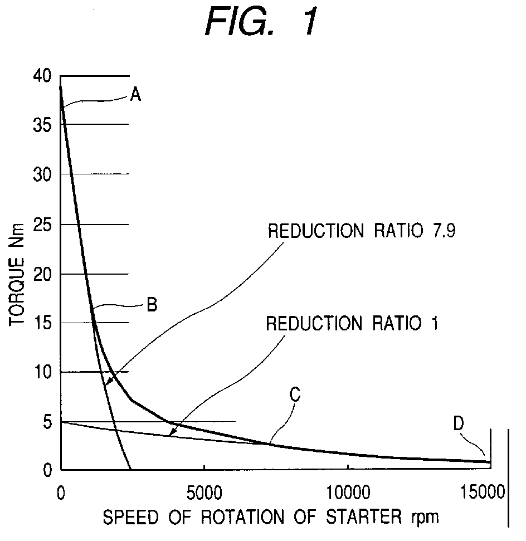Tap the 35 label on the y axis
tap(42, 125)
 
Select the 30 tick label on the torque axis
tap(42, 174)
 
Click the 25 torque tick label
tap(42, 225)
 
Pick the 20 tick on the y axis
tap(42, 274)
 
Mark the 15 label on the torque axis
tap(43, 323)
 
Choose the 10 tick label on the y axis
tap(43, 372)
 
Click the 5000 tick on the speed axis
tap(204, 493)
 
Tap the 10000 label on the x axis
tap(348, 493)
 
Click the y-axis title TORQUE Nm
tap(17, 274)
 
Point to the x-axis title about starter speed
tap(271, 517)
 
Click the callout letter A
tap(135, 94)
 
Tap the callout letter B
tap(152, 305)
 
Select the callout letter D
tap(459, 423)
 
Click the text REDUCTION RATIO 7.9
tap(362, 231)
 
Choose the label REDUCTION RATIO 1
tap(352, 324)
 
